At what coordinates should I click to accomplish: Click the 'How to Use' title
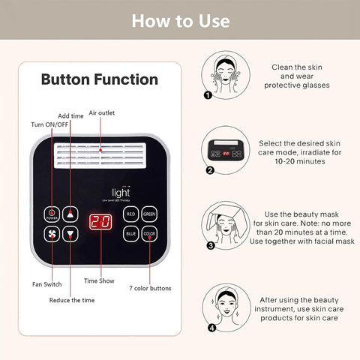(180, 20)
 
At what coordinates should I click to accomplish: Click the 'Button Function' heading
(99, 79)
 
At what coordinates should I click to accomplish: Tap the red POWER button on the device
(52, 214)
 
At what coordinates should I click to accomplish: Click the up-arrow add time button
(70, 214)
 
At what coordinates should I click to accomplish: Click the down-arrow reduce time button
(70, 234)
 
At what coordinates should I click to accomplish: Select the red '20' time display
(100, 222)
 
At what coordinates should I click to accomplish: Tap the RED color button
(131, 214)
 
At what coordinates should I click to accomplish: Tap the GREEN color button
(150, 214)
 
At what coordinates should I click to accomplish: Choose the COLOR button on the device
(150, 234)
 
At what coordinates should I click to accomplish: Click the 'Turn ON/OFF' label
(50, 124)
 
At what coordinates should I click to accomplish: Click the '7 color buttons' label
(150, 288)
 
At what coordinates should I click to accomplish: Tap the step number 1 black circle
(208, 95)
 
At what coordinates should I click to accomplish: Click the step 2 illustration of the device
(226, 151)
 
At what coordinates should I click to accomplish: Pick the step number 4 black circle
(211, 327)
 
